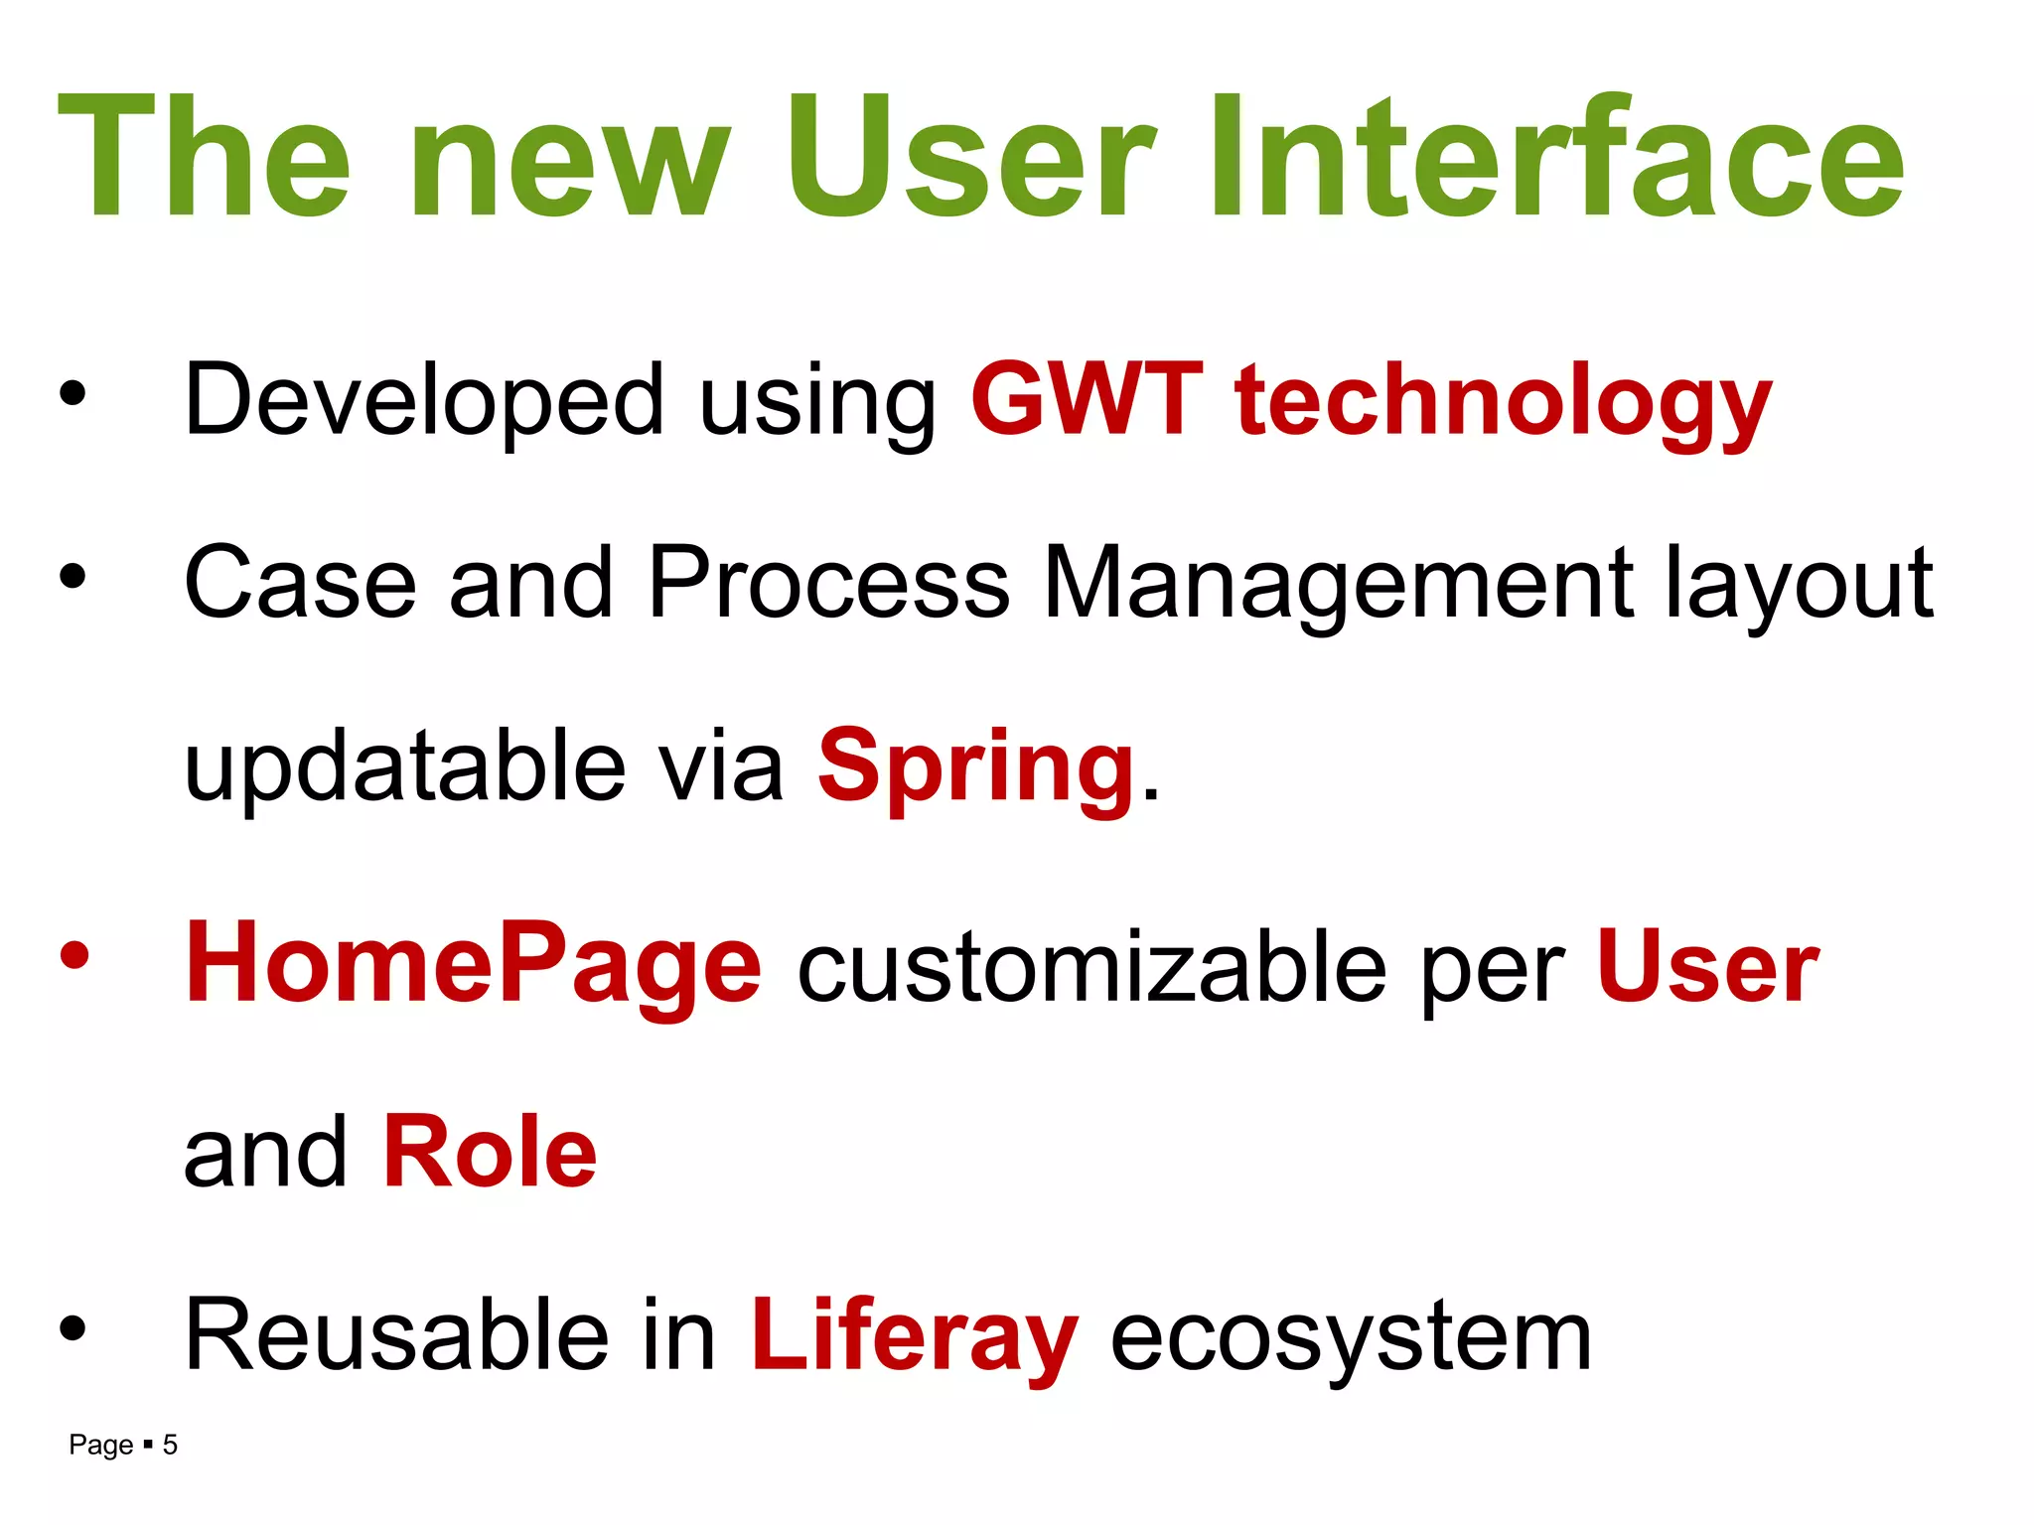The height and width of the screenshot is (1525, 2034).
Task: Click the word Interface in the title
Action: coord(1556,156)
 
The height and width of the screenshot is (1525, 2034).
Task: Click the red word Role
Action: coord(490,1152)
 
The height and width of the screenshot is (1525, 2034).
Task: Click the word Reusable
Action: coord(395,1336)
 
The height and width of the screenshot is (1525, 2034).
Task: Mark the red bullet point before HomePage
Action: coord(73,956)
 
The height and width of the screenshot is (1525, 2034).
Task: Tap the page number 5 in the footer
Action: coord(170,1445)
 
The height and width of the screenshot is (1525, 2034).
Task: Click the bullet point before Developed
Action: coord(73,394)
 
